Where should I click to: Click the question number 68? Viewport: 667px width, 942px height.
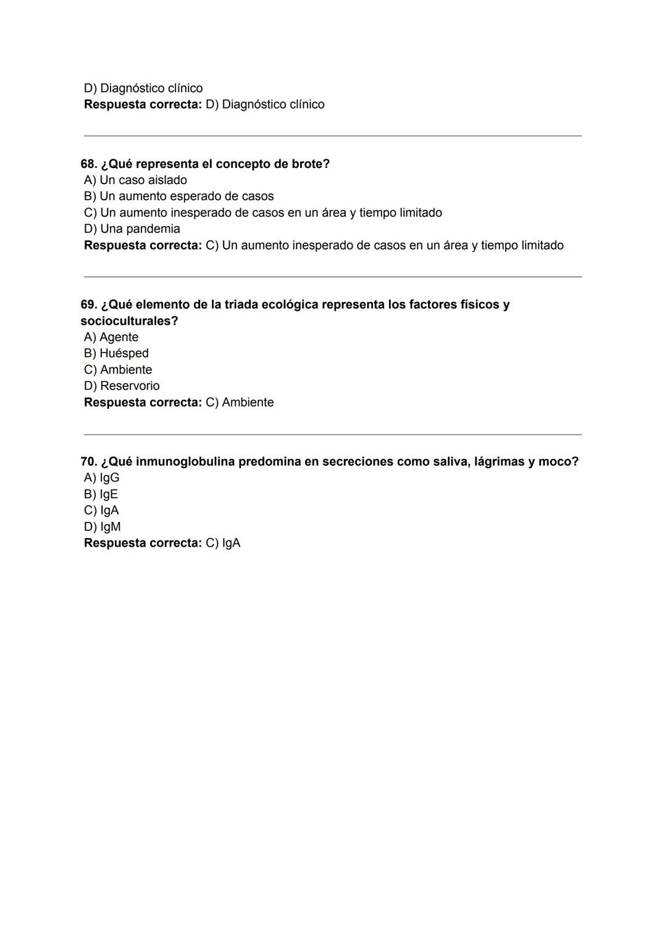[x=89, y=164]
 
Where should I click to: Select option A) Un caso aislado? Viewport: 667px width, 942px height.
[x=135, y=180]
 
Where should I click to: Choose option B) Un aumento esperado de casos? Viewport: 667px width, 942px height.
[x=178, y=196]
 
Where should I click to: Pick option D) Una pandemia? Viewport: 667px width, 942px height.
[x=132, y=229]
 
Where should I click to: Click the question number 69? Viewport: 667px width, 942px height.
[x=89, y=305]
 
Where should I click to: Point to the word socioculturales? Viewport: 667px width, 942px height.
[x=129, y=321]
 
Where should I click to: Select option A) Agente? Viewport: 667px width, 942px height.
[x=111, y=337]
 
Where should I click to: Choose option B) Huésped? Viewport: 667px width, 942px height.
[x=116, y=353]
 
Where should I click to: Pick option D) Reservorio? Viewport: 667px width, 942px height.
[x=122, y=386]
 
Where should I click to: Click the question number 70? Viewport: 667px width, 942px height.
[x=89, y=462]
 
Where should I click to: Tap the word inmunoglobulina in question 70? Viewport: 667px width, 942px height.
[x=185, y=462]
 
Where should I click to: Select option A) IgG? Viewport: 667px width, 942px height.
[x=102, y=478]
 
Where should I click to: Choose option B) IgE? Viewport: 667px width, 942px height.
[x=101, y=494]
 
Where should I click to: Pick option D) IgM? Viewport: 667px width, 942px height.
[x=103, y=527]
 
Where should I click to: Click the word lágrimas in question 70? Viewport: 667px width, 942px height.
[x=499, y=462]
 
